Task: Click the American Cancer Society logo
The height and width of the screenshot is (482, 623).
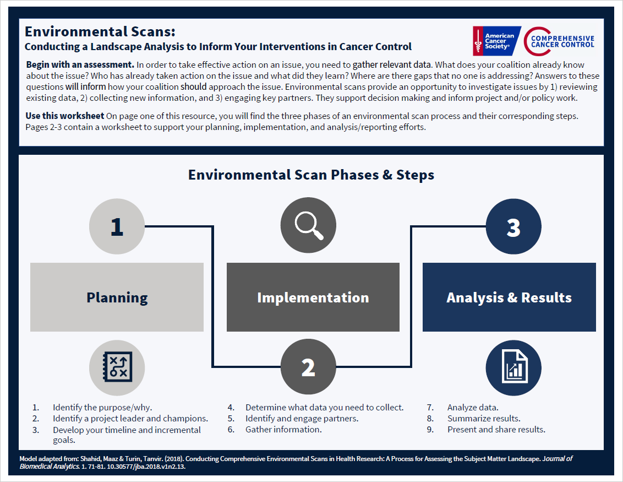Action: coord(494,41)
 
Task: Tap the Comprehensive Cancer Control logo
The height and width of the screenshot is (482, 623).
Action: coord(559,41)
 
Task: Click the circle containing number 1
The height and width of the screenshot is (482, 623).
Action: coord(117,226)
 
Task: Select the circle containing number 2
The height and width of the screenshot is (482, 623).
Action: coord(308,367)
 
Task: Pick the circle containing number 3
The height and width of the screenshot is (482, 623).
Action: coord(513,226)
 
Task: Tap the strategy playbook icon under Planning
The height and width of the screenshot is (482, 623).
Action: coord(117,367)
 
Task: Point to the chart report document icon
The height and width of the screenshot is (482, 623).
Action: coord(513,367)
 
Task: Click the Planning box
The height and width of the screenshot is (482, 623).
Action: coord(117,297)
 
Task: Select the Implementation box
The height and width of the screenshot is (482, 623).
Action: coord(313,297)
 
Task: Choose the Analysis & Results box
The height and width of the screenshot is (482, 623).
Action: coord(509,297)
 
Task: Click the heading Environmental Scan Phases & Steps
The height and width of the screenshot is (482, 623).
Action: coord(311,175)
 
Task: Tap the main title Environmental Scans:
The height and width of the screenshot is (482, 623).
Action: coord(100,32)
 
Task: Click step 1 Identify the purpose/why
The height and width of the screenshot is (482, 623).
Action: coord(102,408)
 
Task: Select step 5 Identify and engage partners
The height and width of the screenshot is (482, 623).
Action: coord(302,419)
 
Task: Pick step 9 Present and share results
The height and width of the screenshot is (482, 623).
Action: coord(496,430)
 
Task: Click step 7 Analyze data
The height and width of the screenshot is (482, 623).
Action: coord(473,408)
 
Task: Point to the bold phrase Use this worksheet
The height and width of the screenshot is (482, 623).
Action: coord(65,116)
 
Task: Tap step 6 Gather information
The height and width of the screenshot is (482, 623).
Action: coord(283,430)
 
